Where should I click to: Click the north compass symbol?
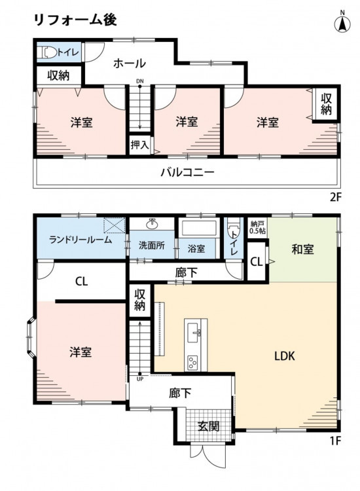pyautogui.click(x=342, y=22)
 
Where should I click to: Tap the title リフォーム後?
pyautogui.click(x=75, y=20)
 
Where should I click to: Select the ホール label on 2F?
pyautogui.click(x=130, y=64)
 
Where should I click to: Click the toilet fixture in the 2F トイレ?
pyautogui.click(x=47, y=52)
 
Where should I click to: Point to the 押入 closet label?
pyautogui.click(x=139, y=145)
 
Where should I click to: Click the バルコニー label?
pyautogui.click(x=187, y=172)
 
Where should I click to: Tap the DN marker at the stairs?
pyautogui.click(x=140, y=81)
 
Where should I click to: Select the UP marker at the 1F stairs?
pyautogui.click(x=139, y=379)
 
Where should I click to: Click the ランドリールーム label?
pyautogui.click(x=81, y=240)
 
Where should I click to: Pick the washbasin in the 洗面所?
pyautogui.click(x=152, y=223)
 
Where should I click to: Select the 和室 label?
pyautogui.click(x=302, y=249)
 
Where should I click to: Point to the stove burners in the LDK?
pyautogui.click(x=192, y=363)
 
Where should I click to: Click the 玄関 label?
pyautogui.click(x=209, y=426)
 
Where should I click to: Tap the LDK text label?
pyautogui.click(x=285, y=356)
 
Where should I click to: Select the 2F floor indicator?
pyautogui.click(x=335, y=197)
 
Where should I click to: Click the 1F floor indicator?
pyautogui.click(x=335, y=441)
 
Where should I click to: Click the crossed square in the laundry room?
pyautogui.click(x=115, y=225)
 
